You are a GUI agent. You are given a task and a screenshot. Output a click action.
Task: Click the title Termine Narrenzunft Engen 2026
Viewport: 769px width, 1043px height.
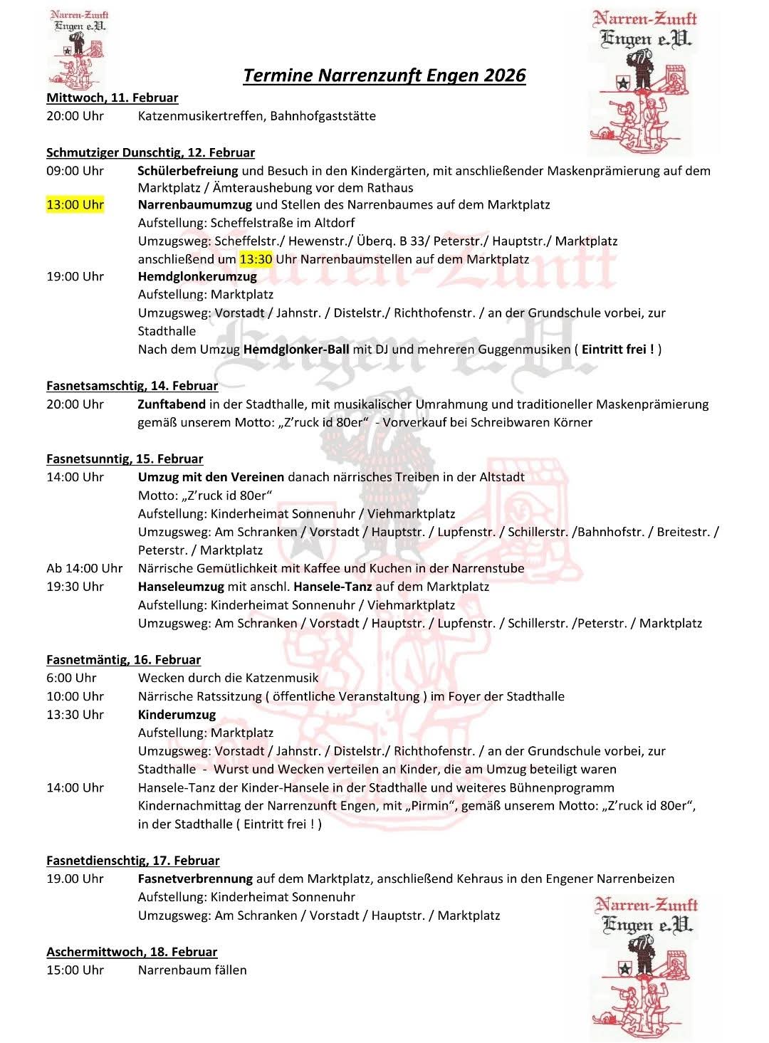384,75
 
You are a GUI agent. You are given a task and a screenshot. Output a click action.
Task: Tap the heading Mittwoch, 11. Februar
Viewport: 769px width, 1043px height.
112,98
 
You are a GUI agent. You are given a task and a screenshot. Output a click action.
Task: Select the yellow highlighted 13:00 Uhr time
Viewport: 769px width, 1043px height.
75,205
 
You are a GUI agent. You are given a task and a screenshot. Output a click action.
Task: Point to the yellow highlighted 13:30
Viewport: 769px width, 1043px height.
256,259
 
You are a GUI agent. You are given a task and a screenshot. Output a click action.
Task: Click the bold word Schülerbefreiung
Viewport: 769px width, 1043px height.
187,170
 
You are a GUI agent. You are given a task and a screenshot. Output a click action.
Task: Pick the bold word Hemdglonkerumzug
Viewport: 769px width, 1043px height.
197,276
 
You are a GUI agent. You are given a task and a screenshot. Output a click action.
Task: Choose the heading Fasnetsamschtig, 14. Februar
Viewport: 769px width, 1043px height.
132,386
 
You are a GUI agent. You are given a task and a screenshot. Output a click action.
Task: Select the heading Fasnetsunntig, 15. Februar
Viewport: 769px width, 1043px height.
125,459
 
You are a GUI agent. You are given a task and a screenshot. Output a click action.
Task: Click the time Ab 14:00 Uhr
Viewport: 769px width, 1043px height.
84,568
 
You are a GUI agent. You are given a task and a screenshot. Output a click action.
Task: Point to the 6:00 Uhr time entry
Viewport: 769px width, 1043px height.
71,678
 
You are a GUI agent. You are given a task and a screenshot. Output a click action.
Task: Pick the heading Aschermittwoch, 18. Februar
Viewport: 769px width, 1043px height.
132,952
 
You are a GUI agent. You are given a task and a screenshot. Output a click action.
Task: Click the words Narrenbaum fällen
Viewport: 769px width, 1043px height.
192,970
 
